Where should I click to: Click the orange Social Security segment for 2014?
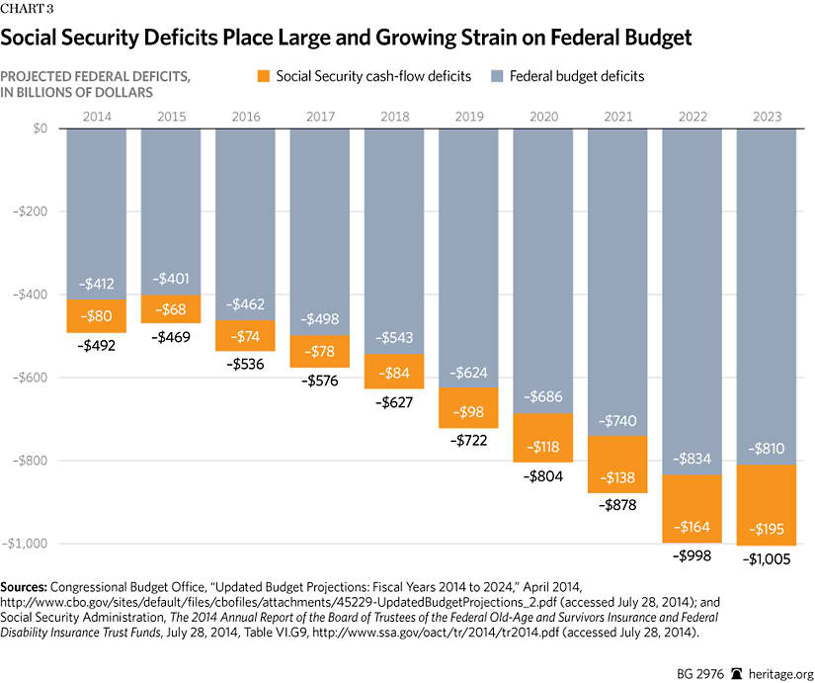click(96, 316)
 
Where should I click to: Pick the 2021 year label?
click(617, 117)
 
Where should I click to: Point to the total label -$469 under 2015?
click(171, 336)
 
